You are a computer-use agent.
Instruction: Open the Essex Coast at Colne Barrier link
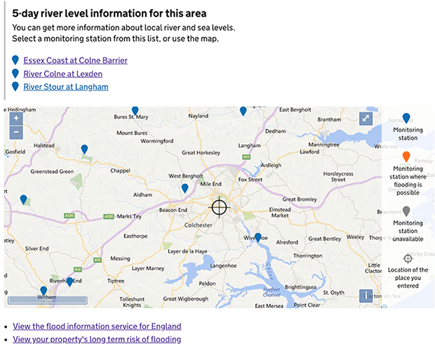[x=75, y=60]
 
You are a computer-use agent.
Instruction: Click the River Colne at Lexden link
[x=62, y=74]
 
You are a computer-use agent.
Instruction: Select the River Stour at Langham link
[x=65, y=87]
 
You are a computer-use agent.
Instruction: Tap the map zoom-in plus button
[x=16, y=118]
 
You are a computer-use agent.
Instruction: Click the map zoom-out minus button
[x=16, y=132]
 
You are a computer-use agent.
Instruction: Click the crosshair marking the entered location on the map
[x=220, y=207]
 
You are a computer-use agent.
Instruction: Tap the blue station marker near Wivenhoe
[x=258, y=238]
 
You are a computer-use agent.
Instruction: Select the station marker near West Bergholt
[x=185, y=188]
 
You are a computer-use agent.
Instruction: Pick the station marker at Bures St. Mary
[x=135, y=111]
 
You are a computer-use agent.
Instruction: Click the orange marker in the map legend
[x=406, y=157]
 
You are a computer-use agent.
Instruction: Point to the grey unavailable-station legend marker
[x=406, y=211]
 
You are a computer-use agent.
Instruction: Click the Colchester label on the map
[x=197, y=225]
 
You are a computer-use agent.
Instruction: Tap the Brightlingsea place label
[x=302, y=288]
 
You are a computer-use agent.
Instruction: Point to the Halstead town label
[x=44, y=145]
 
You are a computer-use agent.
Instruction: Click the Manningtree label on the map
[x=323, y=145]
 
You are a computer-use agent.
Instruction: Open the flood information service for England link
[x=97, y=326]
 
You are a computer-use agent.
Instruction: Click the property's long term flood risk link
[x=97, y=340]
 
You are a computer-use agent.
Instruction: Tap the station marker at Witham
[x=43, y=291]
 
